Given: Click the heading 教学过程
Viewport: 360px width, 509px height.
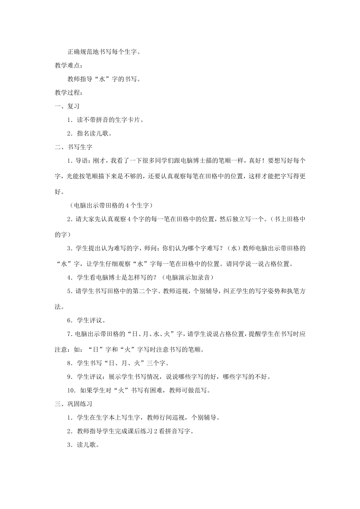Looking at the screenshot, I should pyautogui.click(x=67, y=92).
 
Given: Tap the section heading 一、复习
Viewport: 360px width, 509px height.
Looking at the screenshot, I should pyautogui.click(x=67, y=106).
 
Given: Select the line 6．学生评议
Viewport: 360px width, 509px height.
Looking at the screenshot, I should pyautogui.click(x=86, y=320).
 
